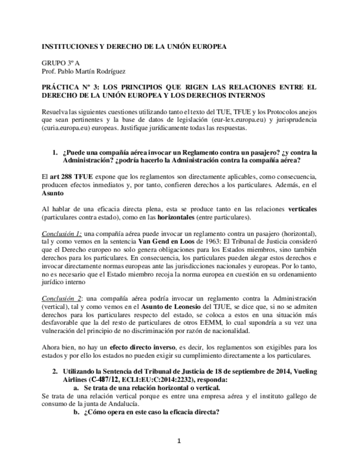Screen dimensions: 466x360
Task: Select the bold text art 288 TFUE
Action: coord(69,177)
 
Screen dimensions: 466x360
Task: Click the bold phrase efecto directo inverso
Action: coord(141,347)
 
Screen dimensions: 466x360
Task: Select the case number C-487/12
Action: coord(104,380)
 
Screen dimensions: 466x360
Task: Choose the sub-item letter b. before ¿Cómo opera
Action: coord(77,412)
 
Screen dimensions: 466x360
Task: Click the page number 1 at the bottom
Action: coord(179,440)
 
